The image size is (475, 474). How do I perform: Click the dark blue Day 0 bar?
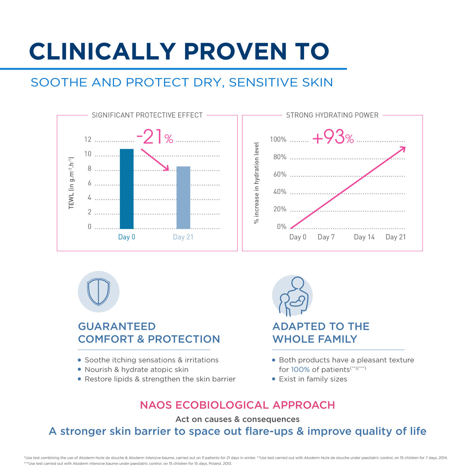127,189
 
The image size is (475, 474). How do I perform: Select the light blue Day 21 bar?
183,198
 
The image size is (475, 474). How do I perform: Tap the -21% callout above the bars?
155,137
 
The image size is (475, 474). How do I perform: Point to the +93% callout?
333,137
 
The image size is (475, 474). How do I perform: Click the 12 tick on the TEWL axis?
88,139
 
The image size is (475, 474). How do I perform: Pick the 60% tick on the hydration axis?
280,174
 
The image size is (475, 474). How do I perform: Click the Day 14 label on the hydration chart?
364,237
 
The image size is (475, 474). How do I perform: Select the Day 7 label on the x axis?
326,237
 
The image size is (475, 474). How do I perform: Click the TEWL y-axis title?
71,183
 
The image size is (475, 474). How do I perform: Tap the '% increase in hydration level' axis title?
256,183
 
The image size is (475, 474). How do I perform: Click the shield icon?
98,292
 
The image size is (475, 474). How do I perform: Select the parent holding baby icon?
292,296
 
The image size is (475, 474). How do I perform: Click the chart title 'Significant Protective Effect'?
147,115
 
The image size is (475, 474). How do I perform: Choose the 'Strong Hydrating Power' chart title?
332,115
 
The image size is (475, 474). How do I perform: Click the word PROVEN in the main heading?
235,52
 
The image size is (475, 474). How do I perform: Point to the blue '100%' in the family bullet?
300,370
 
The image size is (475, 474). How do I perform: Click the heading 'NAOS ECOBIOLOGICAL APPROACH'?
237,405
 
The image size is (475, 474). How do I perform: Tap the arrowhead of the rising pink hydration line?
403,149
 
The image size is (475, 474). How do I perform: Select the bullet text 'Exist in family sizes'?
313,379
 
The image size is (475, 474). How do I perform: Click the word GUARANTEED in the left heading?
117,326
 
